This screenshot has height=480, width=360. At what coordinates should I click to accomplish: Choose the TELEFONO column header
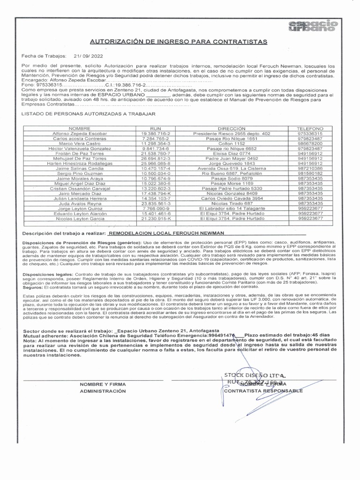coord(310,128)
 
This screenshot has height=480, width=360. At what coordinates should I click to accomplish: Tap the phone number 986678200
coord(310,143)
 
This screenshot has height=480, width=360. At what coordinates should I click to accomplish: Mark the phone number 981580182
coord(310,173)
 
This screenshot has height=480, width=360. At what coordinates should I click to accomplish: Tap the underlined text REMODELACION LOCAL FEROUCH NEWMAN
coord(165,233)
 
